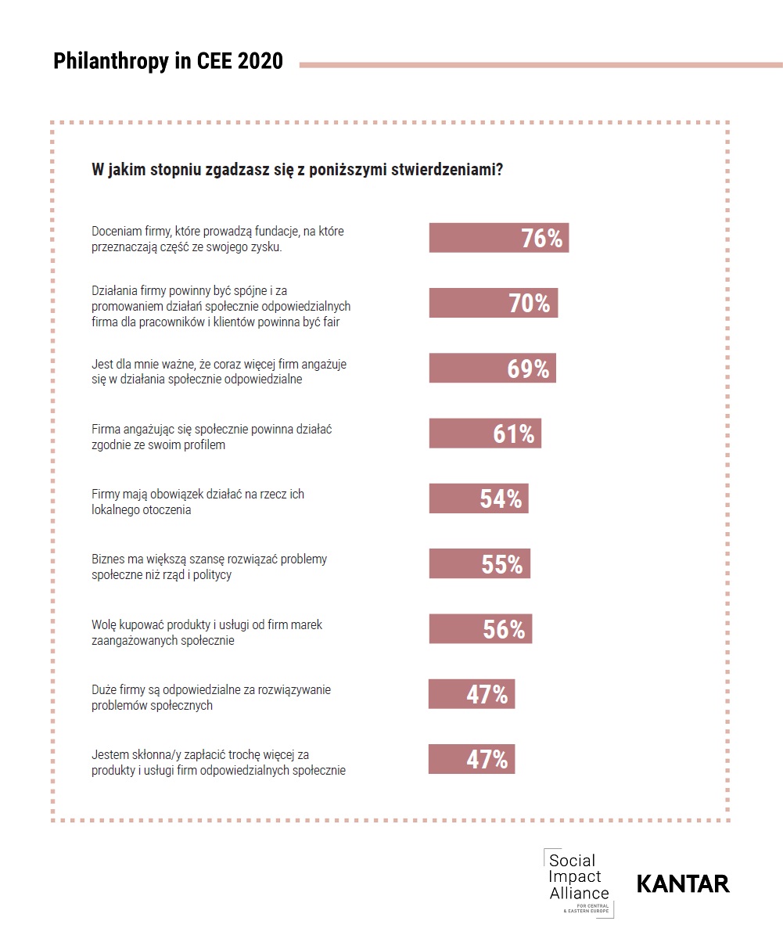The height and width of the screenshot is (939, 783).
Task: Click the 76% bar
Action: (x=498, y=238)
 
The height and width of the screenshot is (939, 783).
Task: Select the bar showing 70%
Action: (x=493, y=303)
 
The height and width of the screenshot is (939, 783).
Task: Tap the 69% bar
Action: (x=492, y=368)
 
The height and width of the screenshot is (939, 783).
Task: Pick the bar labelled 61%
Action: (x=485, y=433)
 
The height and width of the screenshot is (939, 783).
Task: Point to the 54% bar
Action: (x=478, y=498)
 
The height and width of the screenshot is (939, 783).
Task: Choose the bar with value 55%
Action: (x=479, y=563)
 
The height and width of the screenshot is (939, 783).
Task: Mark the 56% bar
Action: (x=480, y=629)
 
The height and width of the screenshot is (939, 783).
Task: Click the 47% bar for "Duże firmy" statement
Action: (x=472, y=694)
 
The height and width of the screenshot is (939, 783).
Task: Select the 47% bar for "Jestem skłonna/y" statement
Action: (x=472, y=759)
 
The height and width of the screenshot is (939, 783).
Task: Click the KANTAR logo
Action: (x=683, y=883)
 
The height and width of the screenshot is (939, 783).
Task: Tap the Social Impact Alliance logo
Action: (x=579, y=882)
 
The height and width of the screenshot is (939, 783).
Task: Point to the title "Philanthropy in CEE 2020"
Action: (x=168, y=62)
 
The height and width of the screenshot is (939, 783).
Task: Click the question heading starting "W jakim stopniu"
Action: (x=297, y=170)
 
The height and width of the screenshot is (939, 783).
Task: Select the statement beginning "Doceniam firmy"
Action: (x=217, y=239)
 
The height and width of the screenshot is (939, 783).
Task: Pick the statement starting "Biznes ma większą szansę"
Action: (x=209, y=567)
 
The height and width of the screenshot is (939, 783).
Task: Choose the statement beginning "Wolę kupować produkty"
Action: (x=207, y=632)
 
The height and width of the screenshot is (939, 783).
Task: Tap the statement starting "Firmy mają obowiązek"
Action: (x=197, y=502)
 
